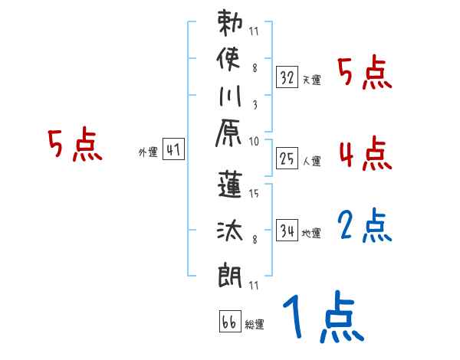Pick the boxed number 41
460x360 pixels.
click(172, 150)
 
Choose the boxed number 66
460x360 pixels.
click(229, 321)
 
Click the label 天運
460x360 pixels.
click(311, 80)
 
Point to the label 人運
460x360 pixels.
click(311, 161)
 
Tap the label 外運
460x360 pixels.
click(147, 152)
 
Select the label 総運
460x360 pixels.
click(255, 324)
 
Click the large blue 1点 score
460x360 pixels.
click(321, 319)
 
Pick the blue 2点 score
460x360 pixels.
click(364, 226)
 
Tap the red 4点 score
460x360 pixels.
click(364, 154)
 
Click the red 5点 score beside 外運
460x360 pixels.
click(74, 146)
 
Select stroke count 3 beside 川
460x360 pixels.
click(254, 105)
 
